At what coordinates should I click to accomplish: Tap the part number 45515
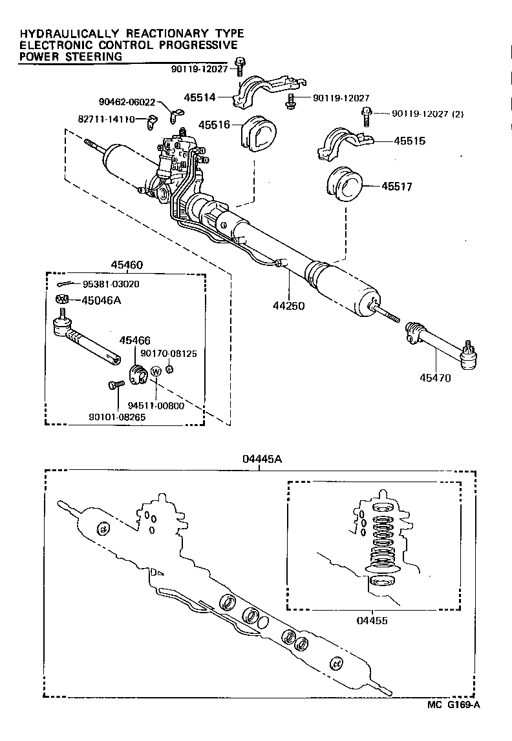(407, 139)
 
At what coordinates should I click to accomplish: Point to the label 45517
(396, 187)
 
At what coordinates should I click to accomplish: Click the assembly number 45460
(127, 265)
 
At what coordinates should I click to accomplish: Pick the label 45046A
(96, 299)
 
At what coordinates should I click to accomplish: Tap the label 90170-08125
(169, 354)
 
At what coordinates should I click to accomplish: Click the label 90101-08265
(118, 417)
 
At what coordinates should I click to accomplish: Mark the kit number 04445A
(261, 459)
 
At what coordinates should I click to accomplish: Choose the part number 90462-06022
(127, 102)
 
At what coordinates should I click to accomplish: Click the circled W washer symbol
(156, 372)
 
